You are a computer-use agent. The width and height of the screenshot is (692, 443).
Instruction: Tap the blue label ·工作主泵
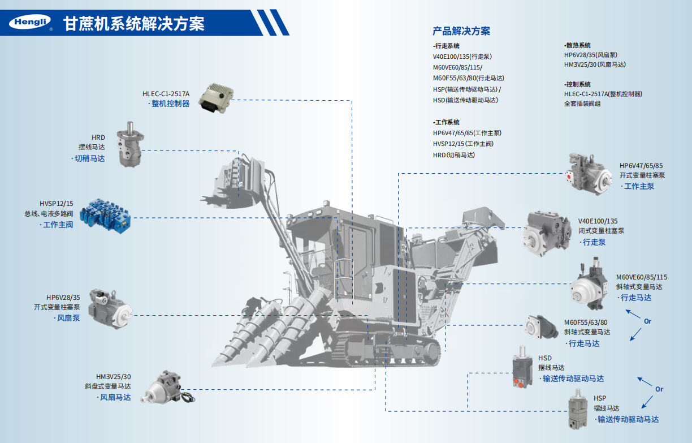[x=637, y=186]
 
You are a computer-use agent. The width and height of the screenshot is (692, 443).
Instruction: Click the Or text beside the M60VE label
[x=647, y=321]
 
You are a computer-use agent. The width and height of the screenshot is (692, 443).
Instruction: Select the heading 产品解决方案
[x=461, y=31]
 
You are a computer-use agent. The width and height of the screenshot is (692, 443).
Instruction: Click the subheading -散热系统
[x=577, y=45]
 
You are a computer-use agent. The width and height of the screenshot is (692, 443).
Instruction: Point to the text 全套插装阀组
[x=582, y=104]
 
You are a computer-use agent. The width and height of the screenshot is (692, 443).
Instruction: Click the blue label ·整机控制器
[x=169, y=104]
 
